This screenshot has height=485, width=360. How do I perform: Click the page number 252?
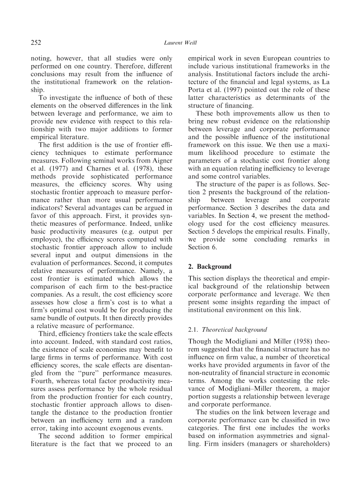[x=36, y=43]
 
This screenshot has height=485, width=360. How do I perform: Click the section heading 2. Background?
[x=210, y=267]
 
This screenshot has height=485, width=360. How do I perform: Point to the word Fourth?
[x=43, y=381]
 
